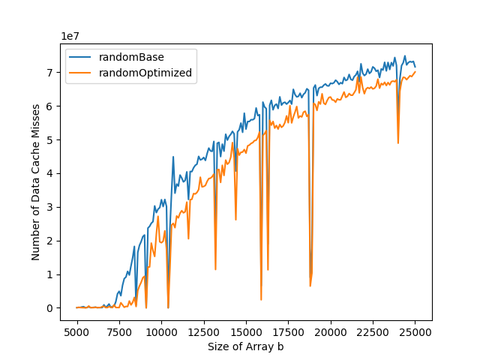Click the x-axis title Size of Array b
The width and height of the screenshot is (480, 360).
[246, 346]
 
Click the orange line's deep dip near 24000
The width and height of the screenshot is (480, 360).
[398, 142]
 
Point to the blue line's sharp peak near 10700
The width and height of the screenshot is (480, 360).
[173, 157]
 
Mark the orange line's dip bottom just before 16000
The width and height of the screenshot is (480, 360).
[261, 299]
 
